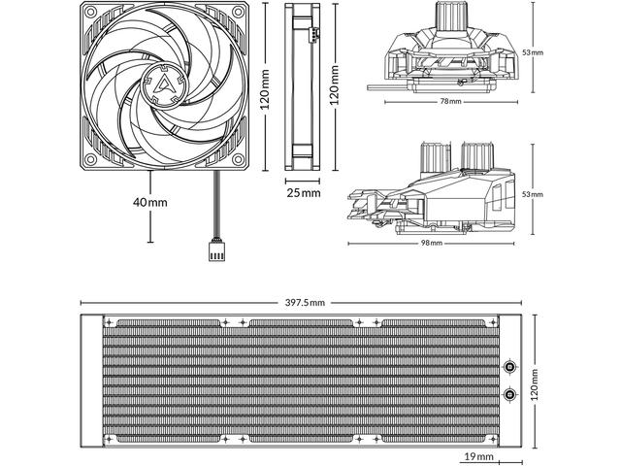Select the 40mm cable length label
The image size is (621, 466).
click(x=150, y=202)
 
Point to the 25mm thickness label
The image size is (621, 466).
click(x=303, y=192)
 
